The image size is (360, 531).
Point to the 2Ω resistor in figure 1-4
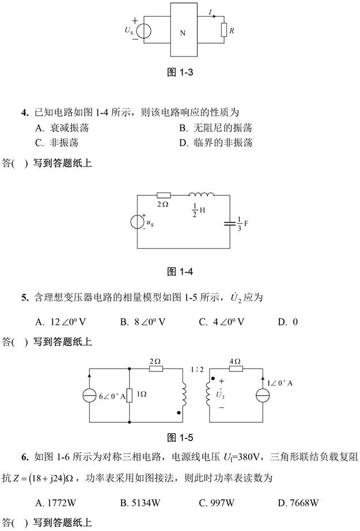[x=164, y=196]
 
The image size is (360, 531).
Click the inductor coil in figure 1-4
[x=201, y=195]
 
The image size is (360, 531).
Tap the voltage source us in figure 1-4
[x=138, y=222]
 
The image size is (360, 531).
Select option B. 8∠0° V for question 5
[x=142, y=322]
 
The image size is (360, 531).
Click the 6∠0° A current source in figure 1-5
[x=92, y=397]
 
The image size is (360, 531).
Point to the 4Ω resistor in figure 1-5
[x=234, y=369]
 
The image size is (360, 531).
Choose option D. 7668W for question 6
[x=298, y=503]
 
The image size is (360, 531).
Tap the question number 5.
[x=25, y=298]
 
